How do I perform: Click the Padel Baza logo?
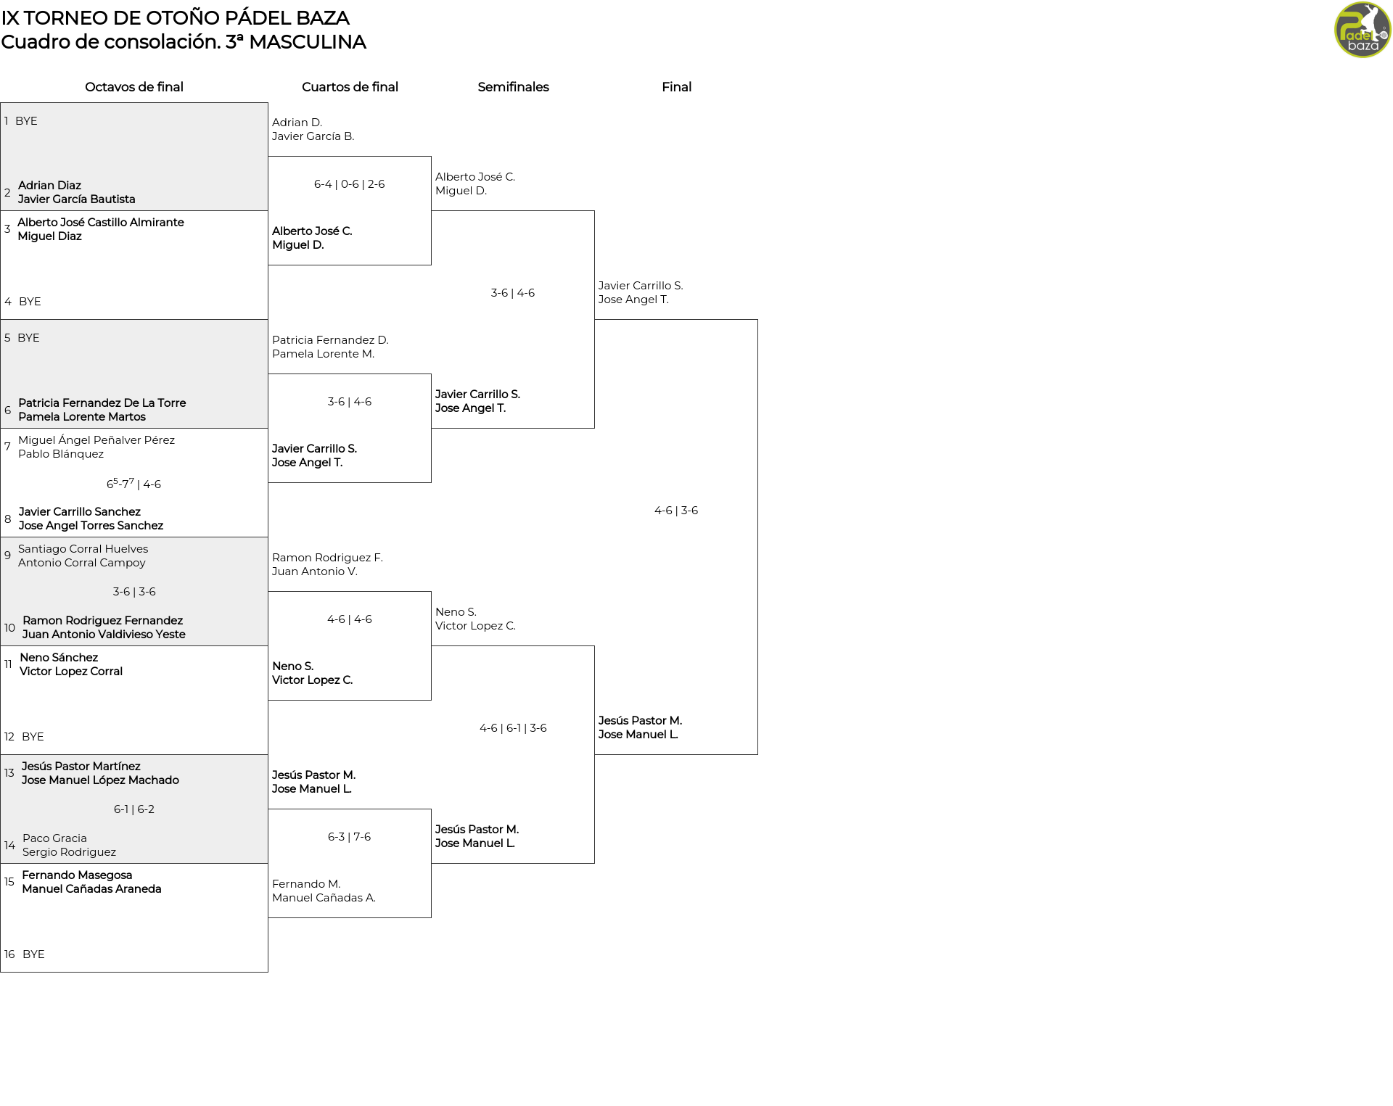click(x=1363, y=30)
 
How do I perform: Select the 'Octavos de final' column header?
click(x=134, y=87)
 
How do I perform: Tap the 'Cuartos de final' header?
click(x=350, y=87)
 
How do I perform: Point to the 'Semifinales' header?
click(x=513, y=87)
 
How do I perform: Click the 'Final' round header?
click(x=676, y=87)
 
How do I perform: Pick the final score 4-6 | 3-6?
click(x=676, y=511)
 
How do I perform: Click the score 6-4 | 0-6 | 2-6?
click(x=350, y=184)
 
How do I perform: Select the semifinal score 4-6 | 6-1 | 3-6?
click(x=513, y=728)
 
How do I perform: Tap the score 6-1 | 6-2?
click(x=134, y=809)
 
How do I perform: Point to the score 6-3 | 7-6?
click(x=350, y=837)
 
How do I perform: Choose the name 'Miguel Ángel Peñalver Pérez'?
click(x=96, y=440)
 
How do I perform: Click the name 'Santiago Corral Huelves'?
click(x=83, y=549)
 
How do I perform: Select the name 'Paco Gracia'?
click(x=54, y=838)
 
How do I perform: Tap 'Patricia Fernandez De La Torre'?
click(x=102, y=403)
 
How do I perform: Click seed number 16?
click(x=9, y=954)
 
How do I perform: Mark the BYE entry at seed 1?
click(x=26, y=121)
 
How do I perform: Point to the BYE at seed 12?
click(x=33, y=737)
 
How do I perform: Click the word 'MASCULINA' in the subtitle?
click(x=308, y=42)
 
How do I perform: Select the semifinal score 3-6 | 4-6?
click(x=513, y=293)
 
